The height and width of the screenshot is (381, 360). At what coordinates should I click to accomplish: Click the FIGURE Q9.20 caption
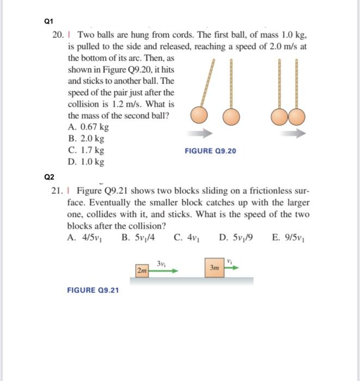click(x=210, y=151)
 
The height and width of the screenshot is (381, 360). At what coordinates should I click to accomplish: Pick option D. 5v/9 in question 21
click(x=235, y=237)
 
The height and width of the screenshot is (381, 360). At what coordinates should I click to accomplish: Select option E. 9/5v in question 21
click(x=290, y=237)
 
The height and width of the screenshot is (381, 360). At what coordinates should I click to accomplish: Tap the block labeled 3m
click(x=213, y=267)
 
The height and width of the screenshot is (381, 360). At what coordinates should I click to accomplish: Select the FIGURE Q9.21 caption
click(x=93, y=290)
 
